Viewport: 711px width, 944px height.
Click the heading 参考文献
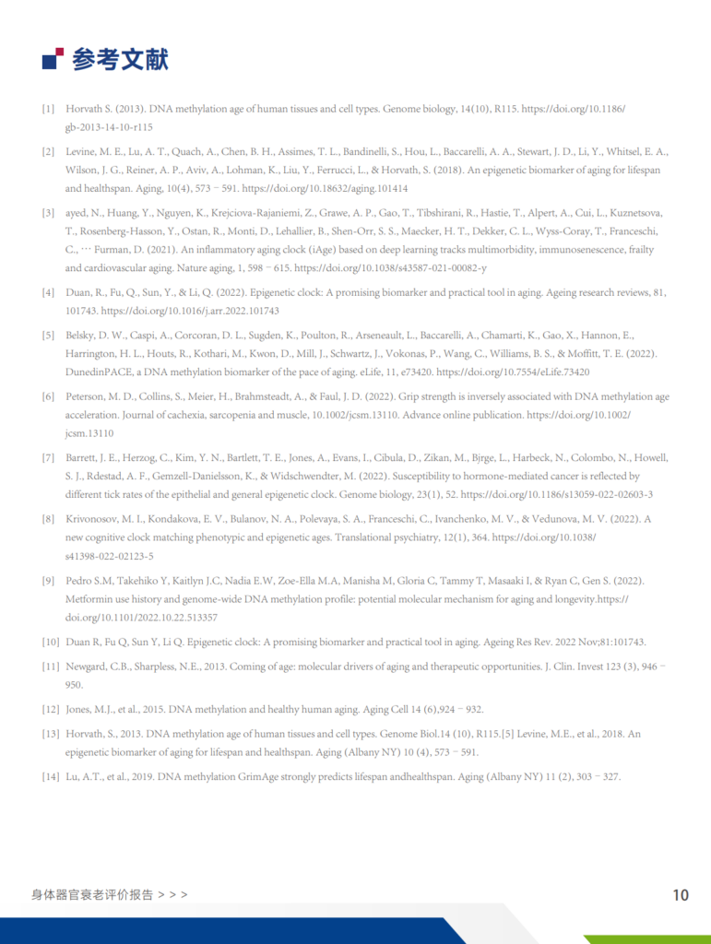click(120, 60)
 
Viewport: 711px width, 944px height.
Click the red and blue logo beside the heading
click(53, 59)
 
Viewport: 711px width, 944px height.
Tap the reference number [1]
click(48, 109)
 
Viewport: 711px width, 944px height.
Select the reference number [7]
click(48, 458)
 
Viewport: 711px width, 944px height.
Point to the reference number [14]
click(50, 776)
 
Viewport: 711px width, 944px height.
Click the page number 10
click(681, 895)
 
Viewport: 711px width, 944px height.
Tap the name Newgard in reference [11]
click(88, 666)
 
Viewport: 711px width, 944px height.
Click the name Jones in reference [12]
click(79, 709)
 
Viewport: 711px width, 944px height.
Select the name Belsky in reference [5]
click(82, 336)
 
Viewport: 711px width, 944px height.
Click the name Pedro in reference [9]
click(80, 581)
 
